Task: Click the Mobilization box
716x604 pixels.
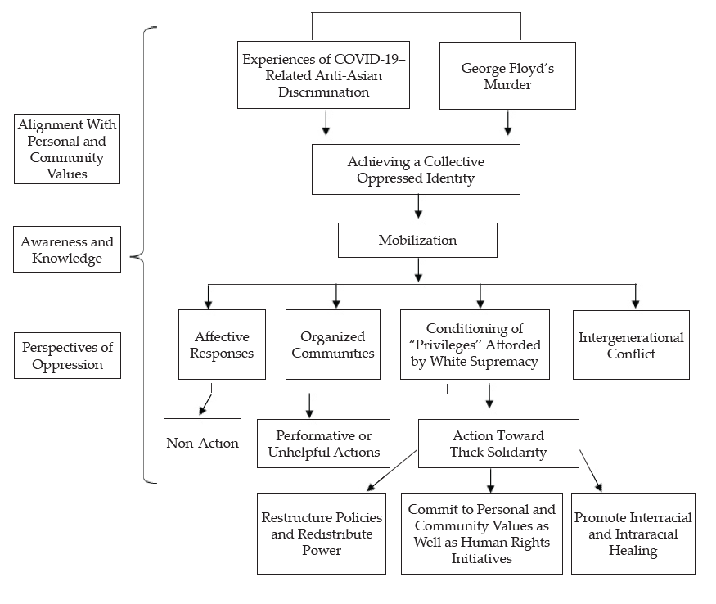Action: point(417,241)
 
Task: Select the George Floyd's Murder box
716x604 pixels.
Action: point(507,76)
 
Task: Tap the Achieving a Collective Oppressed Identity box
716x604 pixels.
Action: point(416,169)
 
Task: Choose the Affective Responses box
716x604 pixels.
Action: point(222,345)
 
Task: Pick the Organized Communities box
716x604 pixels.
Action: point(333,345)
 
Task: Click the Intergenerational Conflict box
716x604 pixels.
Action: point(631,345)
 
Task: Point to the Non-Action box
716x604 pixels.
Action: point(202,443)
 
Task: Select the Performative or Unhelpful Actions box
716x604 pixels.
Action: point(323,444)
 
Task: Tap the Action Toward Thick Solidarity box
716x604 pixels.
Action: point(498,444)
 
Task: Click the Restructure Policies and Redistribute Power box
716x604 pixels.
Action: point(322,534)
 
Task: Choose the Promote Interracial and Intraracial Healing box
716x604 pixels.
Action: point(633,534)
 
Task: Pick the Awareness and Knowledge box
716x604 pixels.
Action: point(67,250)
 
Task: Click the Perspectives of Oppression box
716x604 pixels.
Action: point(68,355)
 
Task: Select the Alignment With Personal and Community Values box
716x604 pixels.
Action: point(67,149)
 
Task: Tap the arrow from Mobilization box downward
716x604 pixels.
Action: point(418,269)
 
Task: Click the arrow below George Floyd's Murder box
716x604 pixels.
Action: point(508,123)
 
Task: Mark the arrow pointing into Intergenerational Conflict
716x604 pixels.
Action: point(636,296)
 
